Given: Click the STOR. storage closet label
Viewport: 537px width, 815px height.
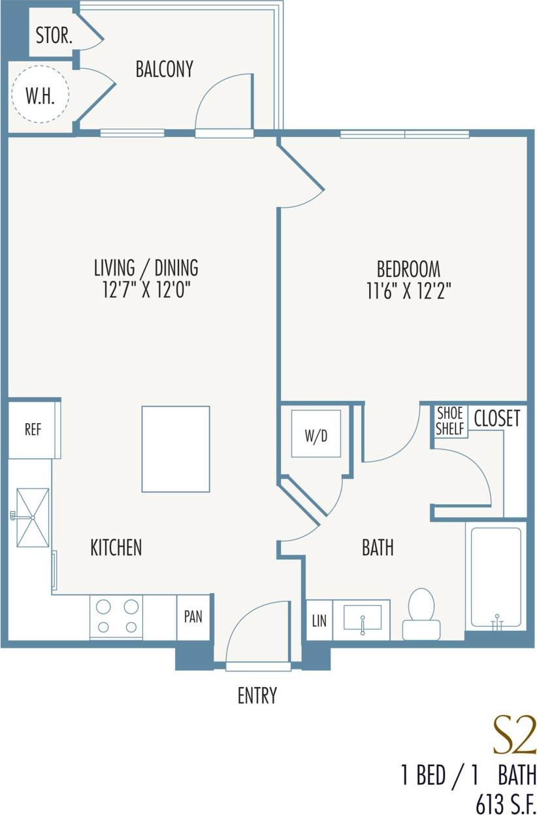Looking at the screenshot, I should pyautogui.click(x=54, y=36).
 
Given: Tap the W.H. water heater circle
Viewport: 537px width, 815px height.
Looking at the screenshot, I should pyautogui.click(x=39, y=96).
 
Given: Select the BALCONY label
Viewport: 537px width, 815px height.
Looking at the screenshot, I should pyautogui.click(x=164, y=69).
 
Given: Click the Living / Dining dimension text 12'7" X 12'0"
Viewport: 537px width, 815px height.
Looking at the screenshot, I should pyautogui.click(x=146, y=289).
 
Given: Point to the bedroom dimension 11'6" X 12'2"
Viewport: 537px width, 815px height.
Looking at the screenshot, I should pyautogui.click(x=408, y=289).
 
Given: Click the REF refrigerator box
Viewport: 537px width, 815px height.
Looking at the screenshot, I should pyautogui.click(x=33, y=430).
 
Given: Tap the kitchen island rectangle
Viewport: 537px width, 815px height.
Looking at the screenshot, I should pyautogui.click(x=176, y=449).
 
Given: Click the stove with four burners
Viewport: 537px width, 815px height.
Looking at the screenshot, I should pyautogui.click(x=116, y=618).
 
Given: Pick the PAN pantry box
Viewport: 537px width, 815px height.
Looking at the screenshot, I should pyautogui.click(x=193, y=617).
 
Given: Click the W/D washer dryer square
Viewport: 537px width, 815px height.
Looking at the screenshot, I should pyautogui.click(x=316, y=434).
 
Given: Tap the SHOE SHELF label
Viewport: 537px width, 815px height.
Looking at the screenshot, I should pyautogui.click(x=449, y=421).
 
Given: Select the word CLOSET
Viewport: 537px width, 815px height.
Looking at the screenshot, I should pyautogui.click(x=496, y=418).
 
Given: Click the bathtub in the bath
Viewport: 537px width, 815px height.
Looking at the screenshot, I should pyautogui.click(x=496, y=576).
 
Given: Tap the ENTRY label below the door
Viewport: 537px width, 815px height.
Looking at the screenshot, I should pyautogui.click(x=257, y=695).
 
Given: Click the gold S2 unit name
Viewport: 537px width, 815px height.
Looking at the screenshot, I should pyautogui.click(x=513, y=736).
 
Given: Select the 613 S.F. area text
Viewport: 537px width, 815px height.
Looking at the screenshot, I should pyautogui.click(x=506, y=804).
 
